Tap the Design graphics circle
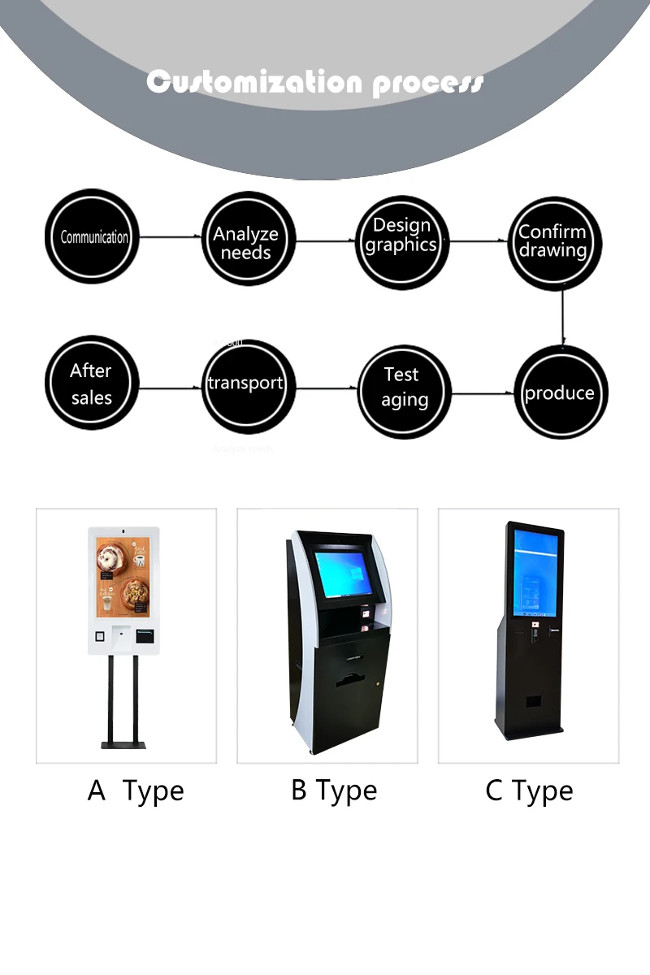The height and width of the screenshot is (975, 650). [x=403, y=241]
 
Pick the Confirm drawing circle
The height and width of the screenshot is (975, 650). [x=555, y=242]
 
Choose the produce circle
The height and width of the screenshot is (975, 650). [x=561, y=393]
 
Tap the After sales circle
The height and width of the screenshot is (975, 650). [x=92, y=383]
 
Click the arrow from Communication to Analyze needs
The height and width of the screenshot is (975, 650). [x=170, y=237]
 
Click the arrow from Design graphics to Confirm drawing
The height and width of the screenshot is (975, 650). [x=479, y=241]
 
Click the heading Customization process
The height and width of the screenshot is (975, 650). [x=315, y=82]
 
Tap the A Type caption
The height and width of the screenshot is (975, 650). [x=136, y=791]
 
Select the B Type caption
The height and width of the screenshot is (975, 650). [x=334, y=791]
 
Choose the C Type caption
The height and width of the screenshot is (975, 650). [x=529, y=791]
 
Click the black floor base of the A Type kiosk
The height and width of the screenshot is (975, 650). [x=123, y=743]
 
